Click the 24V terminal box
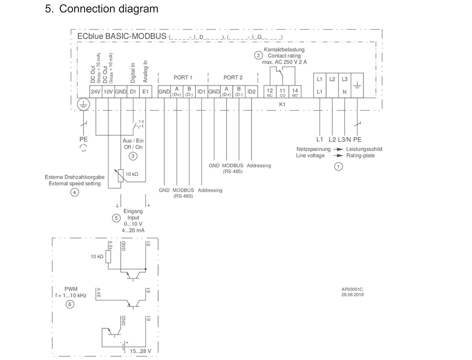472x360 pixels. (96, 92)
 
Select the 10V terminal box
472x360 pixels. (108, 92)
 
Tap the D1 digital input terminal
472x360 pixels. (133, 92)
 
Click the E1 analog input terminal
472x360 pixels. (146, 92)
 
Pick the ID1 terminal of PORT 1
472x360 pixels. (201, 92)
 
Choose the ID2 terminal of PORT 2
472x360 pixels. (251, 92)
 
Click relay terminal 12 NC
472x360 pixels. (270, 92)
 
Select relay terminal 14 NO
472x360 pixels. (295, 92)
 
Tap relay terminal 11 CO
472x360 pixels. (283, 92)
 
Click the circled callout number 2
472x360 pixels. (258, 55)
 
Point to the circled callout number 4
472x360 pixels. (75, 192)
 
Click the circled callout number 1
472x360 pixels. (338, 166)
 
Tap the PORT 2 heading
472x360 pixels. (233, 77)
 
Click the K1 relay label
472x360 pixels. (283, 103)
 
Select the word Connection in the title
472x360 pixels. (87, 9)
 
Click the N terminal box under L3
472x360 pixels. (345, 91)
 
